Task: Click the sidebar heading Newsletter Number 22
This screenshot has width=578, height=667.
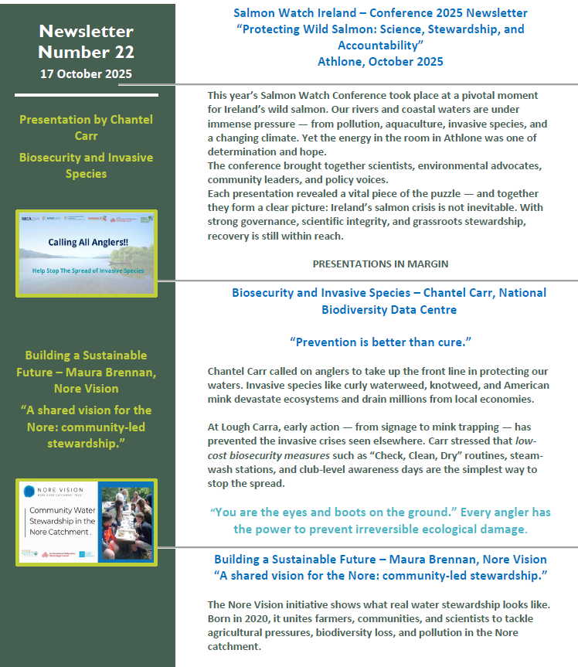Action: click(87, 42)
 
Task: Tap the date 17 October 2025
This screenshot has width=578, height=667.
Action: click(87, 74)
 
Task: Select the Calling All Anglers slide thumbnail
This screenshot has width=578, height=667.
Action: click(87, 253)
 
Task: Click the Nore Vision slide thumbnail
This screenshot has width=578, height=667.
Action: click(87, 522)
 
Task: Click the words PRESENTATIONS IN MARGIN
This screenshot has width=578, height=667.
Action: click(380, 264)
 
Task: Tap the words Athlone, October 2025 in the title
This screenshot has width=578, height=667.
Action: click(380, 61)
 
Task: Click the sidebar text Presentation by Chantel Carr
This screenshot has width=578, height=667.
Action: click(87, 128)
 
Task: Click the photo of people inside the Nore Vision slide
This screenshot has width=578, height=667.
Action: click(125, 522)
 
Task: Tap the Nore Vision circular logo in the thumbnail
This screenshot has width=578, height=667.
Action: click(29, 492)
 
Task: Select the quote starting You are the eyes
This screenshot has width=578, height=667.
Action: click(380, 521)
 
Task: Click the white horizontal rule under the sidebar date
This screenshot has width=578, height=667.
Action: click(87, 95)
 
